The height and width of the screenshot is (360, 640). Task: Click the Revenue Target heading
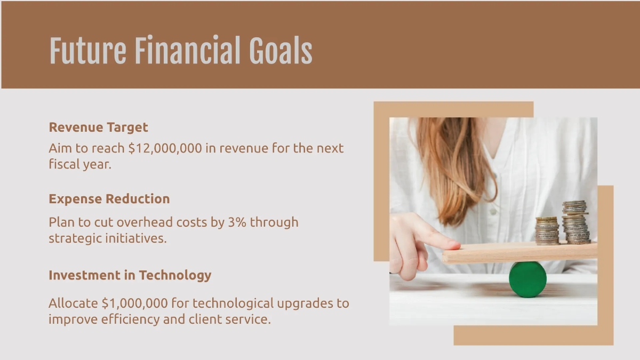coord(98,127)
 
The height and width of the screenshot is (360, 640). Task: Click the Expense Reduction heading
coord(109,199)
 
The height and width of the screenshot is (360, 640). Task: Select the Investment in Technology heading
coord(130,275)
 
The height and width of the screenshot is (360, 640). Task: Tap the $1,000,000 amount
coord(134,303)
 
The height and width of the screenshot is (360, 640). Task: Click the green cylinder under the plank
coord(527,279)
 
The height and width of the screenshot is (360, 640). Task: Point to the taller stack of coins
coord(576,222)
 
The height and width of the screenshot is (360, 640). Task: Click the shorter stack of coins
coord(547,230)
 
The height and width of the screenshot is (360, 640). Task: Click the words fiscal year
coord(79,164)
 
